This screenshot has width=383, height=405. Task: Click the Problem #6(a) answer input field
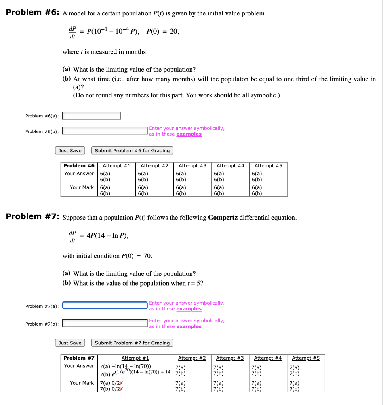(x=91, y=116)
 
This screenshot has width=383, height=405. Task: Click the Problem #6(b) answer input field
(x=105, y=131)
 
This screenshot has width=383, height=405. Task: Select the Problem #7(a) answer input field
(x=105, y=306)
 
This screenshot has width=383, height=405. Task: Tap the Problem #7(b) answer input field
(x=105, y=324)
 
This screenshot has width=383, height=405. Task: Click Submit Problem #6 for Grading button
(x=132, y=151)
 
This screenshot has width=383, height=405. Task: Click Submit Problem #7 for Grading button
(x=132, y=343)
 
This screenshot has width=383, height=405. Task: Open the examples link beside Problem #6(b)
(x=189, y=134)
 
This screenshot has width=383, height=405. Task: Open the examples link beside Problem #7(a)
(x=189, y=309)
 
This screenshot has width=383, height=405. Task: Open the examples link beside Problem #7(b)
(x=189, y=327)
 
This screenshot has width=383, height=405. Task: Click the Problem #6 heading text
(x=32, y=13)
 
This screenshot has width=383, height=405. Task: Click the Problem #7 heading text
(x=32, y=217)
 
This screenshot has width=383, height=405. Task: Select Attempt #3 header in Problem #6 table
(x=192, y=166)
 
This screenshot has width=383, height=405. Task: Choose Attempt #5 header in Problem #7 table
(x=306, y=358)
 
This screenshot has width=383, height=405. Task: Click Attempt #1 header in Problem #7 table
(x=135, y=358)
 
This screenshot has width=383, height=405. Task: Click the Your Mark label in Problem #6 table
(x=82, y=187)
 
